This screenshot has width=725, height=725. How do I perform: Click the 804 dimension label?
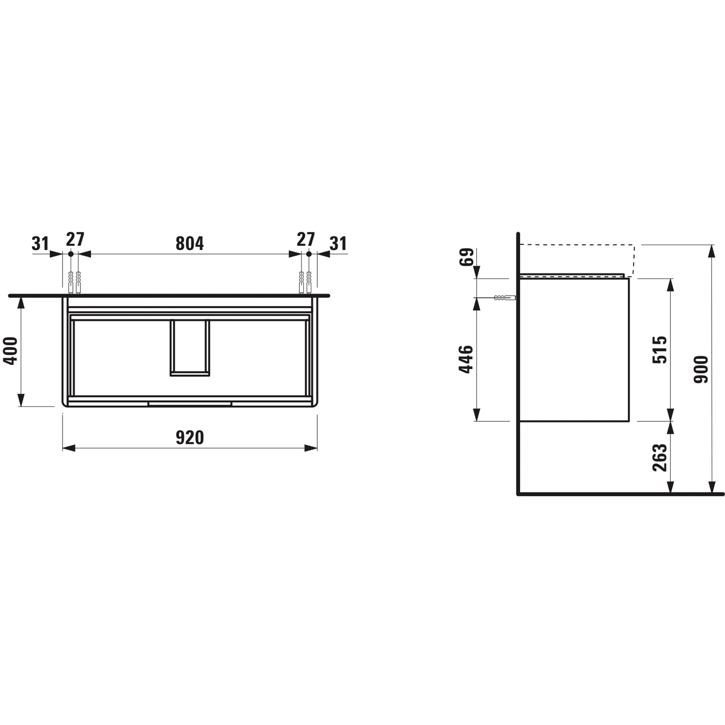(x=190, y=244)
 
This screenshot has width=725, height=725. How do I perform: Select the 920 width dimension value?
(x=190, y=438)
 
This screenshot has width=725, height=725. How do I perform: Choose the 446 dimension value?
(x=467, y=359)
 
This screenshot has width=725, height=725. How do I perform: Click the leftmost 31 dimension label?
(x=40, y=244)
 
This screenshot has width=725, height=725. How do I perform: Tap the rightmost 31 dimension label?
(x=338, y=244)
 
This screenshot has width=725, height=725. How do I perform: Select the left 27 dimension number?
(x=75, y=239)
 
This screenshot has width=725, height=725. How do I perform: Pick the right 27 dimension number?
(x=306, y=239)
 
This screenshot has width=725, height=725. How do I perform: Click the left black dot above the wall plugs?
(x=71, y=254)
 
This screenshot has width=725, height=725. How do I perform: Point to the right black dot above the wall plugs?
(x=309, y=254)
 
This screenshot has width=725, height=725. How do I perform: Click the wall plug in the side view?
(x=505, y=298)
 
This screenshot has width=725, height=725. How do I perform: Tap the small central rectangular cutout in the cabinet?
(x=190, y=348)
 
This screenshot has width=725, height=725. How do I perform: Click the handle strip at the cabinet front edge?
(x=190, y=404)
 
